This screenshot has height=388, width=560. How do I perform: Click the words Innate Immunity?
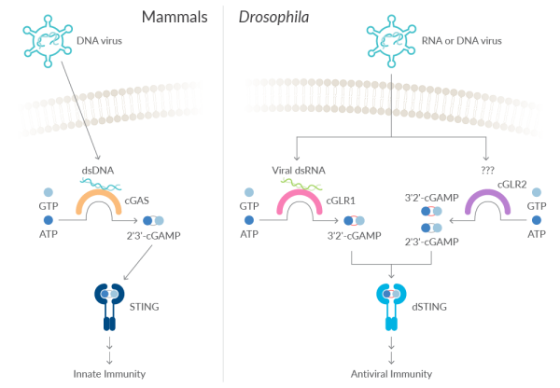point(110,374)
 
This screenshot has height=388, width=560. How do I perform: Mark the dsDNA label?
point(97,171)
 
